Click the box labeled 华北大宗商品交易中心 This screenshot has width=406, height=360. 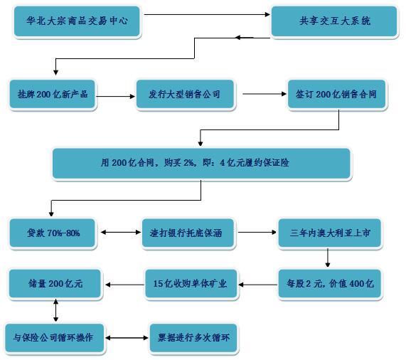[77, 21]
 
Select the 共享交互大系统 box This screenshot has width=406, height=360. [334, 21]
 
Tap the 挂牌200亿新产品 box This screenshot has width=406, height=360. [53, 94]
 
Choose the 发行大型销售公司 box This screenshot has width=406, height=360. [185, 94]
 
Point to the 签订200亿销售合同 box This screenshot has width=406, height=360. [336, 94]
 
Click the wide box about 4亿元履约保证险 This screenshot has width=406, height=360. [201, 163]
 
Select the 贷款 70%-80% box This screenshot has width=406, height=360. [53, 233]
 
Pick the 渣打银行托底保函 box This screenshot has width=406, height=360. [188, 233]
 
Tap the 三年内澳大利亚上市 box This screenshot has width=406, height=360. [329, 233]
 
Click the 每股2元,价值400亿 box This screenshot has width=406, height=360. [329, 284]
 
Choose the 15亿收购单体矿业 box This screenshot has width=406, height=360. [191, 284]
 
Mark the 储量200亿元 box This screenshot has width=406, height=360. [55, 284]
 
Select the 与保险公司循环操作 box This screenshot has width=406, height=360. [54, 338]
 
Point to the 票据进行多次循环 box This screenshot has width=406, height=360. [193, 338]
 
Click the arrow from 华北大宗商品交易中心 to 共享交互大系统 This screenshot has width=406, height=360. [207, 14]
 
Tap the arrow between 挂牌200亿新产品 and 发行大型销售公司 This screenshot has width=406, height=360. [115, 96]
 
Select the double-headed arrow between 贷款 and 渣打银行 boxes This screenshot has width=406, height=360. [121, 233]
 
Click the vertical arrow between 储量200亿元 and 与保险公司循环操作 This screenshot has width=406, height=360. [55, 310]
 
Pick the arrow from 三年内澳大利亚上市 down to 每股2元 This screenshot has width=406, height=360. [328, 258]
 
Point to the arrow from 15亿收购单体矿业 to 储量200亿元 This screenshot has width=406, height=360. [125, 285]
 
